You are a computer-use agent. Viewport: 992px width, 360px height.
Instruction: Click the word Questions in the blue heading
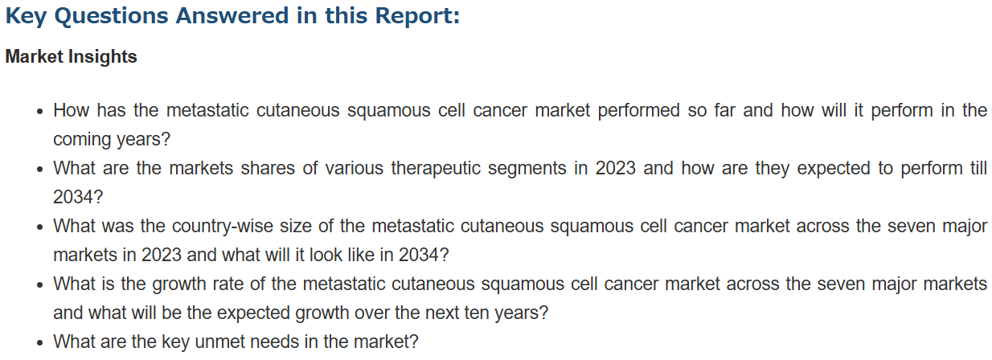coord(111,16)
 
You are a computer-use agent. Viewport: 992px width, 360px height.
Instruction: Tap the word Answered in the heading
coord(232,15)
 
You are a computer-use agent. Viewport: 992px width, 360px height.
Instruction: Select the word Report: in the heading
coord(417,16)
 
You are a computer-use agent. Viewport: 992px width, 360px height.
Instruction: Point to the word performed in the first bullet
coord(638,110)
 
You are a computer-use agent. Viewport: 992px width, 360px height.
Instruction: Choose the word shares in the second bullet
coord(268,168)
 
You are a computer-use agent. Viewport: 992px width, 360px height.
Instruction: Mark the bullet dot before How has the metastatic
coord(40,112)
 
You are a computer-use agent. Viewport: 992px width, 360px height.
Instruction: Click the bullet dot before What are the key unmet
coord(40,343)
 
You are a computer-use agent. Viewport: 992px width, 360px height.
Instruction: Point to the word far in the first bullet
coord(724,110)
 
